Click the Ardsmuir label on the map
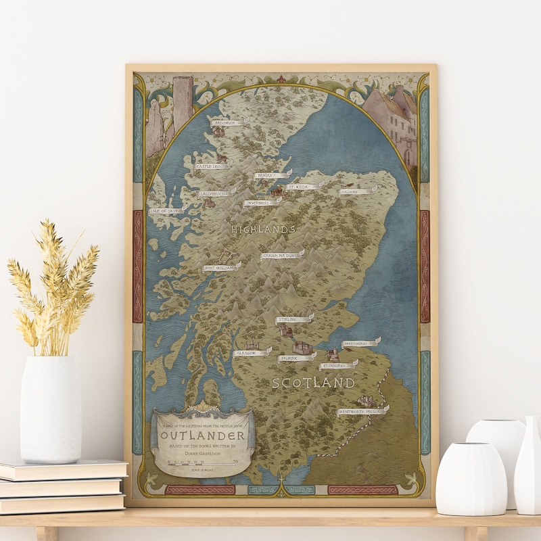coord(227,123)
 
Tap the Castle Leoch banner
coord(212,166)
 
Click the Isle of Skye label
coord(166,211)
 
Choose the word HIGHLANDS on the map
coord(264,230)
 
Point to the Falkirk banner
coord(296,357)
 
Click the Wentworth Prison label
coord(361,410)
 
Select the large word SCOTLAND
coord(313,383)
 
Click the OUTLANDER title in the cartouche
coord(202,434)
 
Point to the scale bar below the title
coord(202,465)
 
